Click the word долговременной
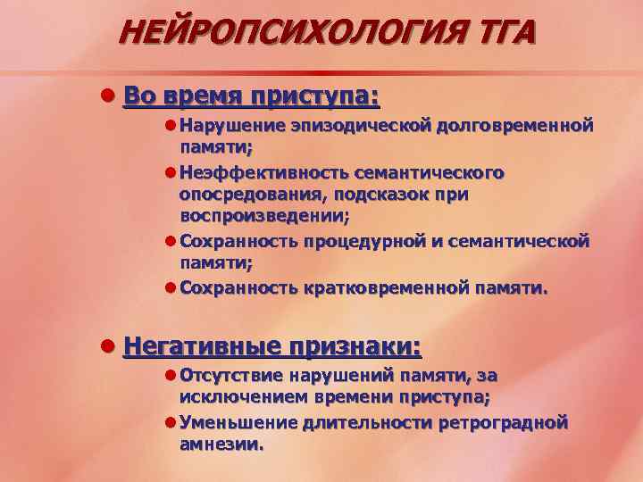[x=515, y=126]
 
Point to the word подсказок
[x=386, y=194]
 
